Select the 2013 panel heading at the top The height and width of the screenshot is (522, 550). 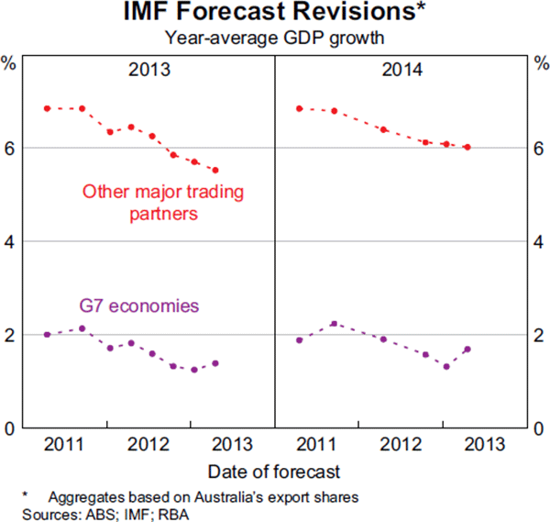point(149,70)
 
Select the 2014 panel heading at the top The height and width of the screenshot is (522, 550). point(401,70)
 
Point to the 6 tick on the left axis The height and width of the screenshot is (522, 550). point(7,148)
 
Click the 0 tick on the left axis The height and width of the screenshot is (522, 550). point(7,428)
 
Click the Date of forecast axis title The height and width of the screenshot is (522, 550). point(274,472)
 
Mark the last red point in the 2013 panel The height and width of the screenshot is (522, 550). point(215,170)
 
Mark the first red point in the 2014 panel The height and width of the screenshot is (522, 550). point(299,108)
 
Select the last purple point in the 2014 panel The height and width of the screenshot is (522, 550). point(467,349)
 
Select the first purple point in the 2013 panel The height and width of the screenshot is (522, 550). point(47,334)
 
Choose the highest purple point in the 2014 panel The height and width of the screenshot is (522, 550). point(334,323)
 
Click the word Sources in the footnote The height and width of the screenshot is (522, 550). point(33,513)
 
